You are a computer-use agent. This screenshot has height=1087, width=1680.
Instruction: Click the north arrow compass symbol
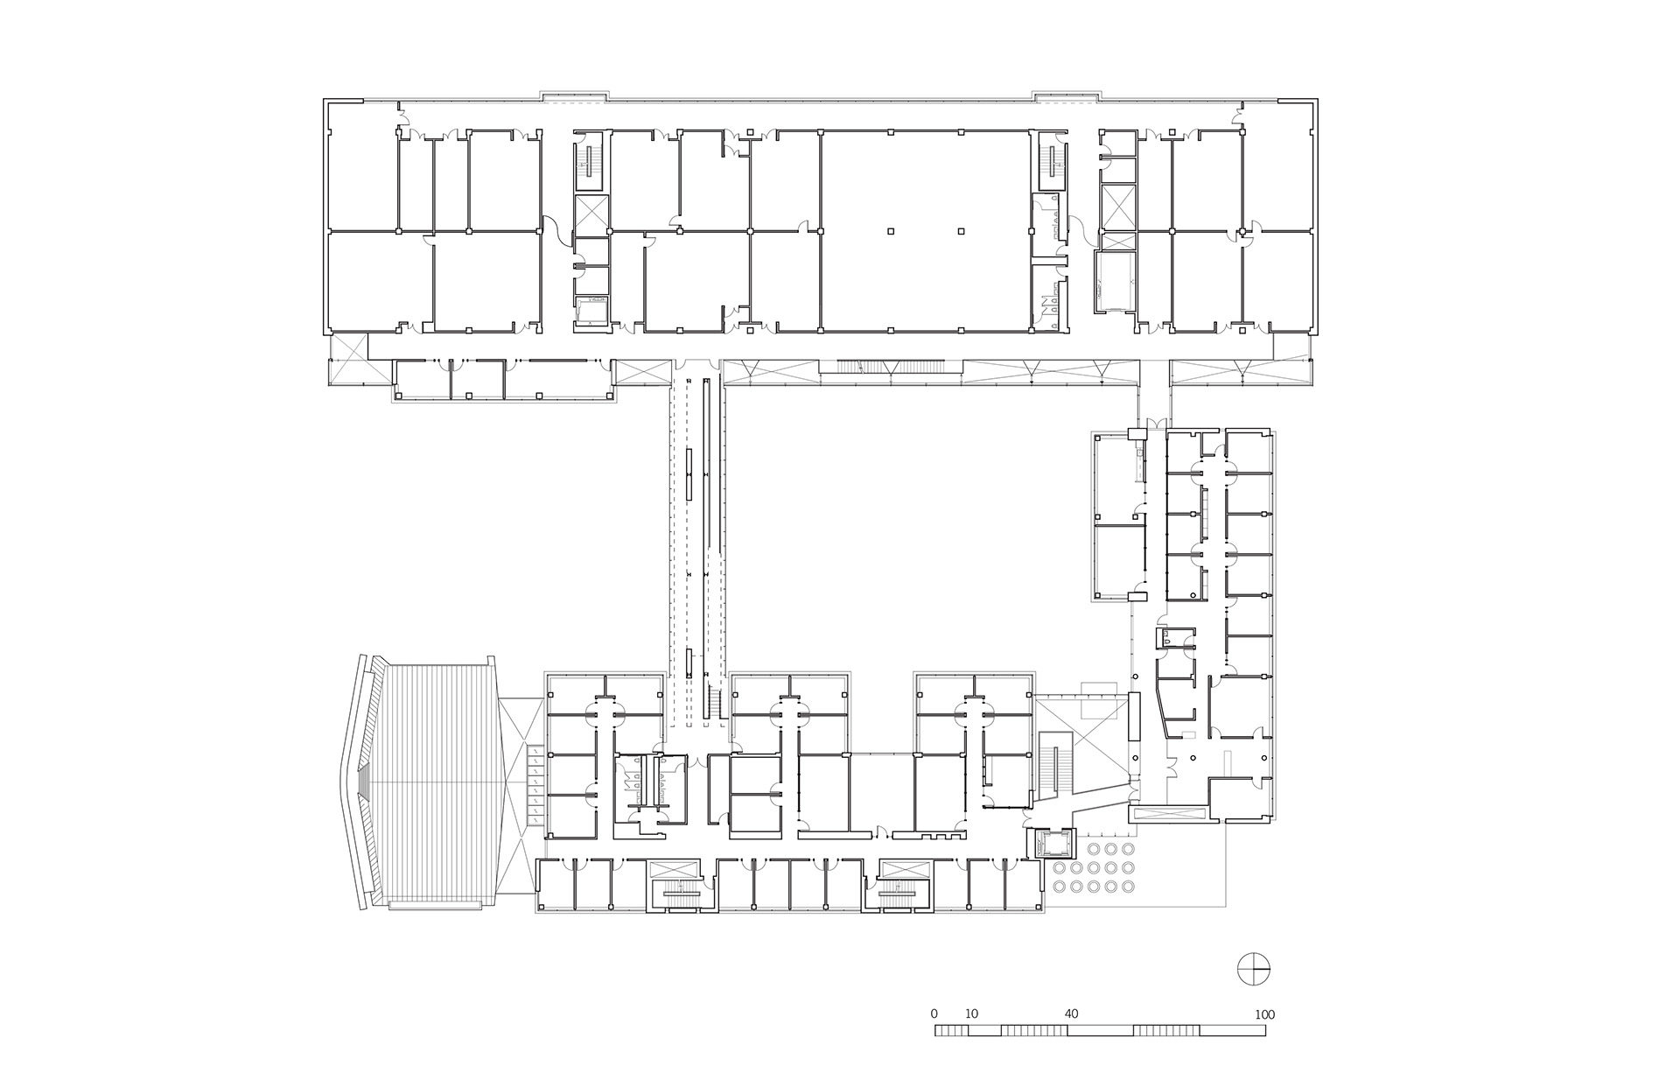[x=1254, y=969]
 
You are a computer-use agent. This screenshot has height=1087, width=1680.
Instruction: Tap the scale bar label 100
[x=1264, y=1014]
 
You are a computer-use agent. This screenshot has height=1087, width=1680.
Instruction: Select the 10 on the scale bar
[x=971, y=1014]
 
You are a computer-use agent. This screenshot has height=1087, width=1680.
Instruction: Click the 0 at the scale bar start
[x=934, y=1014]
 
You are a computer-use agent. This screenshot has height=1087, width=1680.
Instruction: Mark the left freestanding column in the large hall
[x=890, y=232]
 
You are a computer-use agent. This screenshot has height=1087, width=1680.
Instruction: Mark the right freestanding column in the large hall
[x=961, y=232]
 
